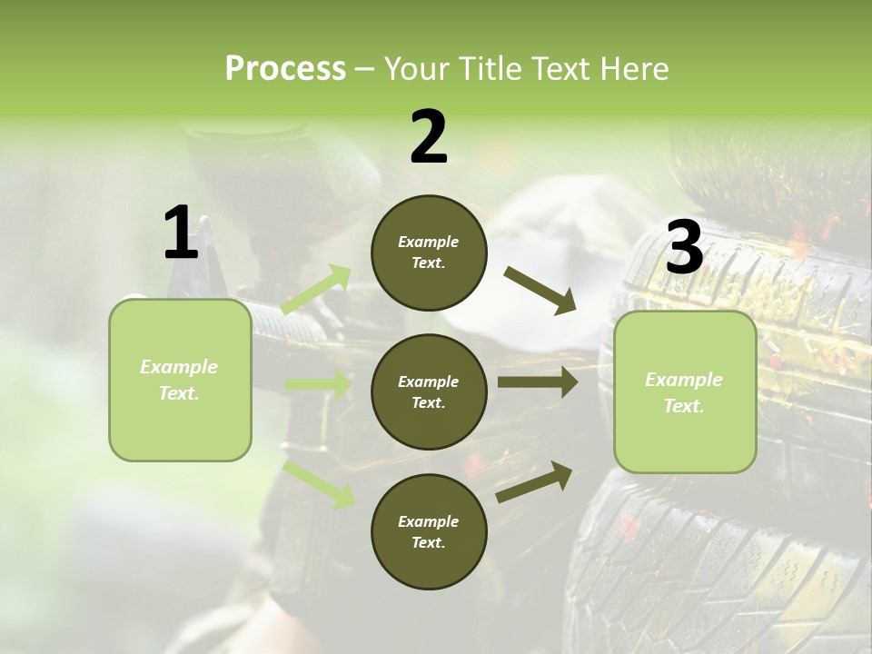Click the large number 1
[x=181, y=233]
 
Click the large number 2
[x=429, y=137]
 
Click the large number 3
[x=685, y=248]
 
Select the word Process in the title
[x=285, y=69]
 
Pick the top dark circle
[x=429, y=253]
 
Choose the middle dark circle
[x=429, y=391]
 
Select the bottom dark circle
[x=429, y=531]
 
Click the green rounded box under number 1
[x=180, y=380]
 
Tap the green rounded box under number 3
[x=685, y=391]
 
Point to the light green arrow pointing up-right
[x=316, y=290]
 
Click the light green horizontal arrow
[x=318, y=384]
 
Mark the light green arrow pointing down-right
[x=318, y=483]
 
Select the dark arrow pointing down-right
[x=540, y=291]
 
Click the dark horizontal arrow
[x=537, y=382]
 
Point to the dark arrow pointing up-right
[x=534, y=482]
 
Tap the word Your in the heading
[x=415, y=69]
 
